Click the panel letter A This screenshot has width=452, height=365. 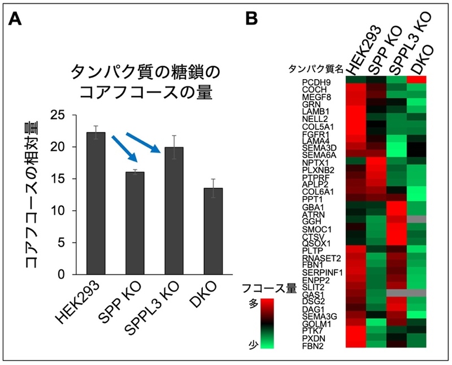pos(15,20)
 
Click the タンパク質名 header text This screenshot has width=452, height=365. pos(316,69)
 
